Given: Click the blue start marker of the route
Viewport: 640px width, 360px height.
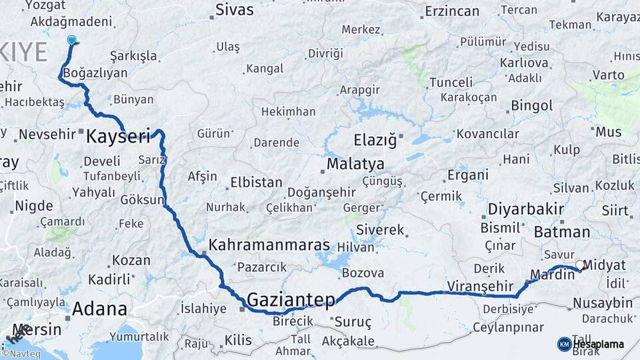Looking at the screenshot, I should (71, 40).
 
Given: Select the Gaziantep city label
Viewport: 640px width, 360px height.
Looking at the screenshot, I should (291, 299).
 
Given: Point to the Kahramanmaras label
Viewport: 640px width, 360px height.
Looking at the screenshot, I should (269, 245).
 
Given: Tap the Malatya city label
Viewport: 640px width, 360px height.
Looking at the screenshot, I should (355, 164).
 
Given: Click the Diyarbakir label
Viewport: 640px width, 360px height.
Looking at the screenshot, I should (526, 209).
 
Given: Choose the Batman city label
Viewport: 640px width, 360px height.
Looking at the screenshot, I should (562, 232).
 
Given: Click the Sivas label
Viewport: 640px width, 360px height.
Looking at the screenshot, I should (234, 10).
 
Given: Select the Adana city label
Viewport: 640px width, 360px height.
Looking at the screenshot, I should (99, 309).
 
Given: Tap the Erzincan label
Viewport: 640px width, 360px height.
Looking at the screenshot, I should (452, 11).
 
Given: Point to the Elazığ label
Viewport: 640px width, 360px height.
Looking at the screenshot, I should (375, 140).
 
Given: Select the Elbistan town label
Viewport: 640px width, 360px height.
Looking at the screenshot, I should (256, 182).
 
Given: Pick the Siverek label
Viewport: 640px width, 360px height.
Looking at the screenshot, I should (380, 230).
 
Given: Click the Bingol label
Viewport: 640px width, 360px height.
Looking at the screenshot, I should (531, 105).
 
